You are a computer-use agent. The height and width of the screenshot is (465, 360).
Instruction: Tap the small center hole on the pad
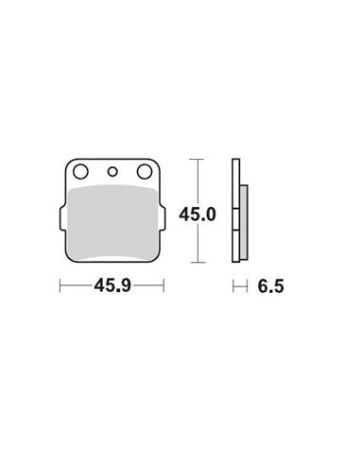click(x=112, y=172)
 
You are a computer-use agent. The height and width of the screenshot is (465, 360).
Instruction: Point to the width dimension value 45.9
click(x=112, y=283)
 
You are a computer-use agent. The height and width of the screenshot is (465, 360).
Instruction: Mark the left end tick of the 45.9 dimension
click(x=60, y=283)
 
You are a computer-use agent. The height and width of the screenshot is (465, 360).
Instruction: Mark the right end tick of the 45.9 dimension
click(x=164, y=283)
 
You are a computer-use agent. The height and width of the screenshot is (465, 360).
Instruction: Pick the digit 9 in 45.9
click(x=129, y=283)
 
